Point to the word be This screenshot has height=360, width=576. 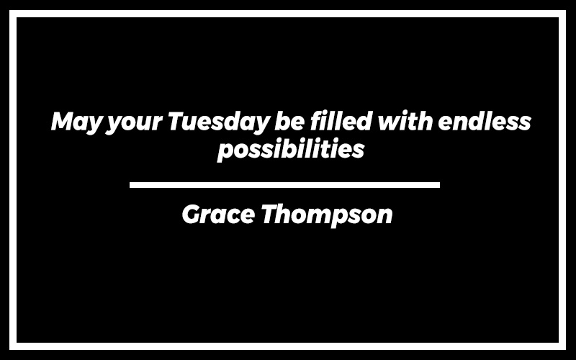(x=289, y=121)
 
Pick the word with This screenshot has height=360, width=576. (x=405, y=120)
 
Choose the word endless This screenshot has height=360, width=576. (x=485, y=121)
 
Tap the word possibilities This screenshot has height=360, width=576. (x=291, y=150)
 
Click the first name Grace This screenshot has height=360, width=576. (x=218, y=214)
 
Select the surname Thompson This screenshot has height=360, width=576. (x=327, y=216)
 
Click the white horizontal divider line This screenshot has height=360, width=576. (x=284, y=185)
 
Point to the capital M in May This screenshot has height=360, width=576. (x=63, y=121)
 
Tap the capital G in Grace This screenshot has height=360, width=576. (x=192, y=214)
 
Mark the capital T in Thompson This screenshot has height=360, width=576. (x=271, y=214)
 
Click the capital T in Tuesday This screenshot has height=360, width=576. (x=178, y=121)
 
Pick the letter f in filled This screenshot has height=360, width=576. (x=317, y=120)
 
